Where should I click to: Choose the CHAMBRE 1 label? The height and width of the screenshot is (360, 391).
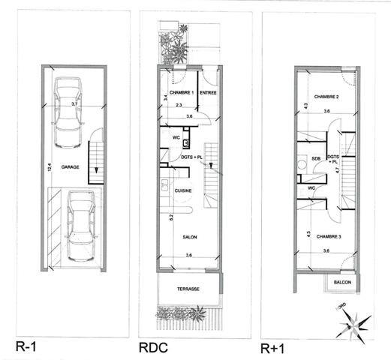tap(182, 92)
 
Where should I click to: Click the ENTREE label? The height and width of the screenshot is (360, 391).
tap(209, 92)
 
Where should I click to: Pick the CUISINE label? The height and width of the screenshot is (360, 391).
tap(185, 191)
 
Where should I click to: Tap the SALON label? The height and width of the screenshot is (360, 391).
tap(188, 237)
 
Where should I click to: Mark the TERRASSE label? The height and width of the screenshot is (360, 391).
tap(188, 288)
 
